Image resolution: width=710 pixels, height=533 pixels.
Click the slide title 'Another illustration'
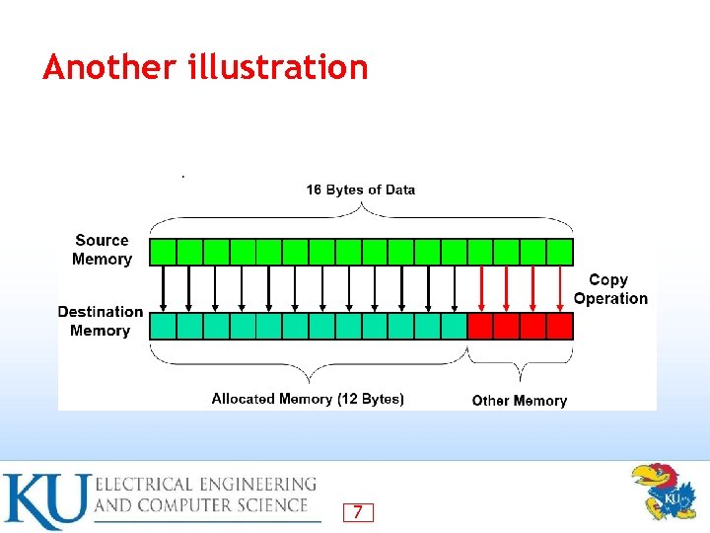[x=205, y=67]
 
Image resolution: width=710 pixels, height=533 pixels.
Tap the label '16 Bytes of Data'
[x=360, y=190]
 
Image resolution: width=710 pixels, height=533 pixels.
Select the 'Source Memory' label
[x=102, y=250]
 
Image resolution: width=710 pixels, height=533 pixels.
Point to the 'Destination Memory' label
[x=100, y=321]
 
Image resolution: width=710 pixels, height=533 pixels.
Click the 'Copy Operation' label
[x=610, y=289]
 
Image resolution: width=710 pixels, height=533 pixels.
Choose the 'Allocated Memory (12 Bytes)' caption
[x=308, y=399]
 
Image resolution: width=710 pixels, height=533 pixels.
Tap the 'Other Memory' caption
[x=519, y=400]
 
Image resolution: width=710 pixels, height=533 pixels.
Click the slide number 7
[x=357, y=512]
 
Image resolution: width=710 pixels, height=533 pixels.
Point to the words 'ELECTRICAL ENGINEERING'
[x=205, y=484]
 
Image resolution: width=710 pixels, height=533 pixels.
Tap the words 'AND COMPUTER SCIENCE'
[x=202, y=505]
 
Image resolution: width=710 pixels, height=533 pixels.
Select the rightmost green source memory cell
[x=560, y=251]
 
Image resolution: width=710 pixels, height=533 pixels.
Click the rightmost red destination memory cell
[x=560, y=327]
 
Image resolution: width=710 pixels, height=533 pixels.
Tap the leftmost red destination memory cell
[x=481, y=327]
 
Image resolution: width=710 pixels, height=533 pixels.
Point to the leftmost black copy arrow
[x=163, y=288]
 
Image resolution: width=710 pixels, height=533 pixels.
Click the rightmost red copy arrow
[x=559, y=288]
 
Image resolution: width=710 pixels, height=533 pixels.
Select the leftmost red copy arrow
[x=480, y=288]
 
